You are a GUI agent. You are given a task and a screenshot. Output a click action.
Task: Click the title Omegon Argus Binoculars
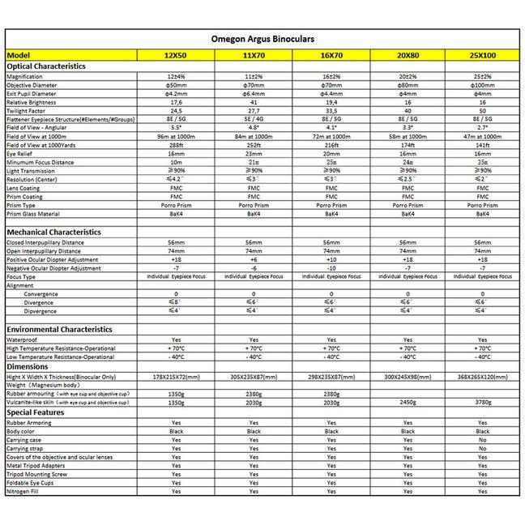pyautogui.click(x=262, y=38)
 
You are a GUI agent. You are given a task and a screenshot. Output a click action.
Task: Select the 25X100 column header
pyautogui.click(x=482, y=55)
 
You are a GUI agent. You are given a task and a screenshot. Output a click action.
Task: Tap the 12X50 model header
pyautogui.click(x=176, y=55)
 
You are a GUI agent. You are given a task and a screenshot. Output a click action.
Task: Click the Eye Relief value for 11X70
pyautogui.click(x=253, y=153)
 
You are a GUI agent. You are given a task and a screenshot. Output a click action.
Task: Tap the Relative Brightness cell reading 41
pyautogui.click(x=253, y=102)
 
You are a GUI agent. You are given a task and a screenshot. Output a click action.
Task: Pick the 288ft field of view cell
pyautogui.click(x=176, y=145)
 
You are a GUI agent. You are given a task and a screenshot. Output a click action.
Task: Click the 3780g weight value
pyautogui.click(x=482, y=401)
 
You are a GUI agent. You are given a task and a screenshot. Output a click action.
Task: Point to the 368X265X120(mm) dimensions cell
pyautogui.click(x=482, y=377)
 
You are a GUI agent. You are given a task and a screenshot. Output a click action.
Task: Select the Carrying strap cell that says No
pyautogui.click(x=482, y=448)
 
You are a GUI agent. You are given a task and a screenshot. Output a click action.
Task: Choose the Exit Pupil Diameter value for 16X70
pyautogui.click(x=331, y=93)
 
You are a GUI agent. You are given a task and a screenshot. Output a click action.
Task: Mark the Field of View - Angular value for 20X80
pyautogui.click(x=407, y=127)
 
